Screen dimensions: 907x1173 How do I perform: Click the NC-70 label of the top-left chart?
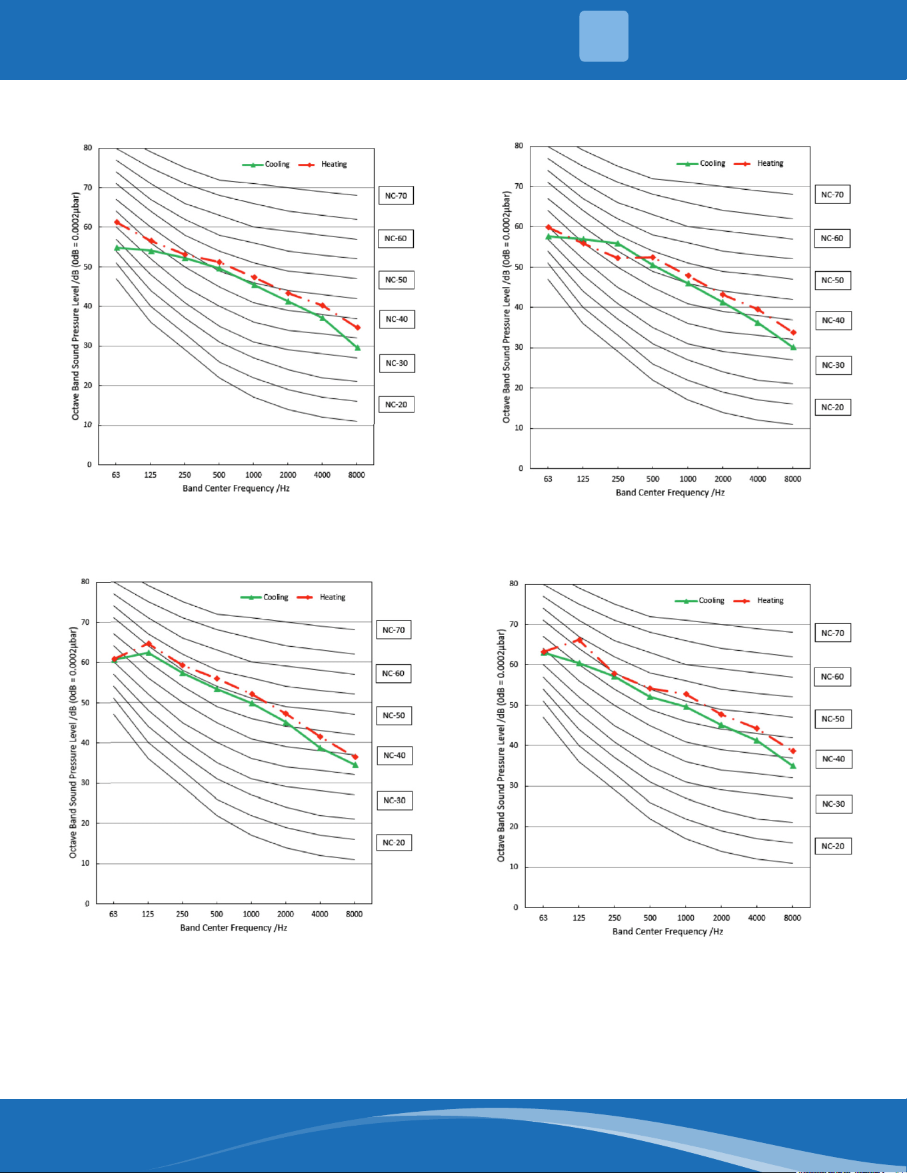pos(396,196)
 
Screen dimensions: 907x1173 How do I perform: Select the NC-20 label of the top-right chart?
pos(832,407)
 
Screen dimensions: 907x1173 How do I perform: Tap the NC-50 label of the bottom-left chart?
pos(394,715)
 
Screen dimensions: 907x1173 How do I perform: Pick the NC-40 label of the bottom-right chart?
pos(833,759)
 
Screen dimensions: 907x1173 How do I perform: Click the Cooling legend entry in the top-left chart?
pos(266,165)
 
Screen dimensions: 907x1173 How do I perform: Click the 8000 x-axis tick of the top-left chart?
pos(357,475)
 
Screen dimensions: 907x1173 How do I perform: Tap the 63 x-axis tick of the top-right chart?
pos(548,479)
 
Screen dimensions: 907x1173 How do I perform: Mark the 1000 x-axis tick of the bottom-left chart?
pos(251,914)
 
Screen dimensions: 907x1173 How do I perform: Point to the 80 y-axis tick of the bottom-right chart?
pos(513,584)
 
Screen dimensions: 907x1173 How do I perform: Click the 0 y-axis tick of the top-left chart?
pos(89,464)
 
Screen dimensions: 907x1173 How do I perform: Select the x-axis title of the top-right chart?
pos(670,493)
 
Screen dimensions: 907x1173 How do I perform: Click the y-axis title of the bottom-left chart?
pos(73,742)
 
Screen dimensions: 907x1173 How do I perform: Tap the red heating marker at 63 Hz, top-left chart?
pos(117,222)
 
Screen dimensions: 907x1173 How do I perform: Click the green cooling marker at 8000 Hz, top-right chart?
pos(793,347)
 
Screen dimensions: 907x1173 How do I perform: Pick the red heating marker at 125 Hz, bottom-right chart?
pos(579,640)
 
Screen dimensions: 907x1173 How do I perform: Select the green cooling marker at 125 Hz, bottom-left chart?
pos(148,653)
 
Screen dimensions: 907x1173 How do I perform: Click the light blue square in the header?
pos(604,36)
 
